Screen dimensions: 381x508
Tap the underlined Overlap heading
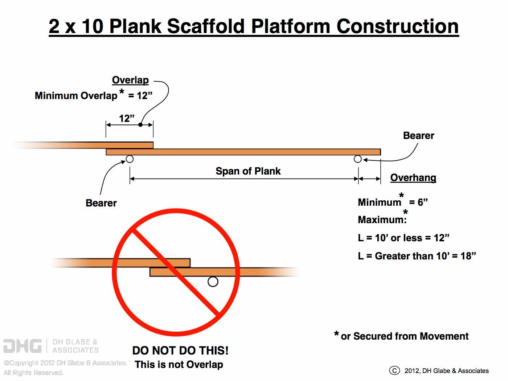(130, 80)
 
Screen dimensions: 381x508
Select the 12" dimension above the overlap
(127, 118)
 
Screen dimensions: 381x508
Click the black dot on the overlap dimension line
(140, 125)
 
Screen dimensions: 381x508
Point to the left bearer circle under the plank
(130, 159)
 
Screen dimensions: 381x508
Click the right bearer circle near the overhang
(358, 159)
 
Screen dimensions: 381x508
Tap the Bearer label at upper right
(418, 135)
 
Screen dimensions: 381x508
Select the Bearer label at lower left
(101, 203)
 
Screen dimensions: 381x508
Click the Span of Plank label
(248, 171)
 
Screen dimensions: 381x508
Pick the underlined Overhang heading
(413, 177)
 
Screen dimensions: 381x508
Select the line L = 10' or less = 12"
(403, 238)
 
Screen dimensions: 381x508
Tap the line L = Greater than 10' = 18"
(417, 256)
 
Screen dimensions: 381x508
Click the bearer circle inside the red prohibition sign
(213, 282)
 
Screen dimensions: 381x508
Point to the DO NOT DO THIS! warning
(180, 351)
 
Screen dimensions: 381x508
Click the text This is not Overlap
(179, 364)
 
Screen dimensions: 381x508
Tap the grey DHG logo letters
(22, 346)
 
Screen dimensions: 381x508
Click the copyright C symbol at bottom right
(394, 370)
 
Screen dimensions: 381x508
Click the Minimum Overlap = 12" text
(93, 96)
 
